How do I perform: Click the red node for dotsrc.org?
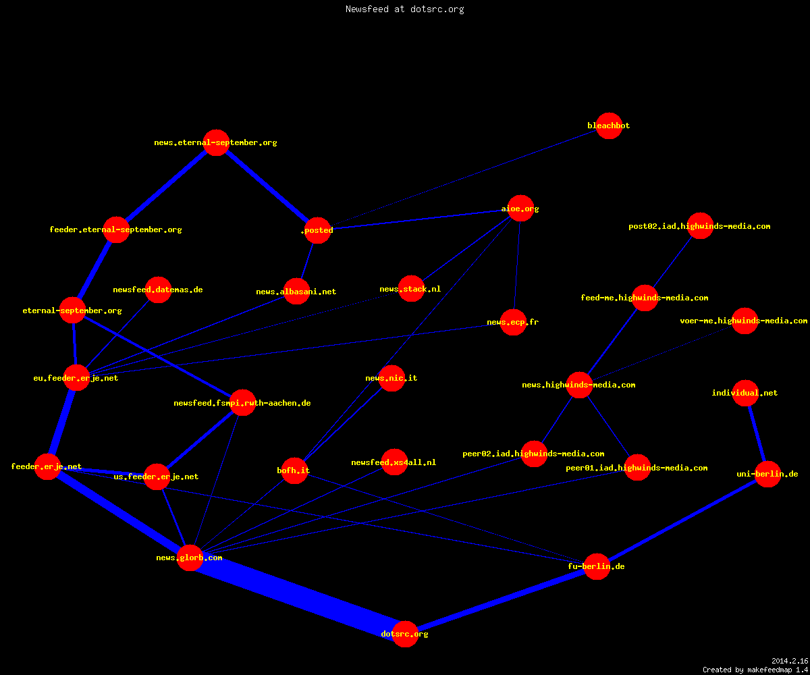tap(405, 634)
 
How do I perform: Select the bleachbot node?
tap(609, 126)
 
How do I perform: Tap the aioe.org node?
tap(520, 209)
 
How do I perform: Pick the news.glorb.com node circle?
tap(190, 558)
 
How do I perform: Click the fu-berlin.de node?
tap(597, 566)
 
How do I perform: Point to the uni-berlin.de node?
tap(767, 474)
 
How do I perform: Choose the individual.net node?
tap(746, 393)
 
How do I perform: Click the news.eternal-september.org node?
tap(217, 142)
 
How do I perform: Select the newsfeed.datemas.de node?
tap(158, 290)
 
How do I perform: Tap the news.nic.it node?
tap(391, 378)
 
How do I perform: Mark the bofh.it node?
tap(294, 470)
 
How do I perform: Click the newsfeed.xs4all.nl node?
tap(394, 462)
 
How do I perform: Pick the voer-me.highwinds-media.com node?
tap(745, 321)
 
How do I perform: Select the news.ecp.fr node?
tap(514, 322)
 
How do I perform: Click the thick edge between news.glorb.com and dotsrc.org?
tap(298, 596)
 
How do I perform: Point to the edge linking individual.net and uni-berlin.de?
tap(757, 434)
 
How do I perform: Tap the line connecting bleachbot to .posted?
tap(463, 178)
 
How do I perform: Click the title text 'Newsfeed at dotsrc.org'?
tap(404, 9)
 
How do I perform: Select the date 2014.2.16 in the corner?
tap(790, 661)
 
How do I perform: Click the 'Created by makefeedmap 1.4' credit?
tap(755, 670)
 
